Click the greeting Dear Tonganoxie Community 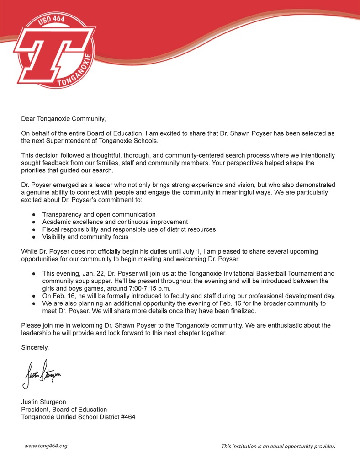tap(63, 119)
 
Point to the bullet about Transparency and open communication tap(99, 214)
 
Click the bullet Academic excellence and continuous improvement tap(115, 222)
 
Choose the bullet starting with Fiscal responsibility tap(129, 229)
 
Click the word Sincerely tap(35, 347)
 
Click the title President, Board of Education tap(64, 409)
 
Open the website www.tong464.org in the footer tap(46, 446)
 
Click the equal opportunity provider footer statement tap(278, 446)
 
